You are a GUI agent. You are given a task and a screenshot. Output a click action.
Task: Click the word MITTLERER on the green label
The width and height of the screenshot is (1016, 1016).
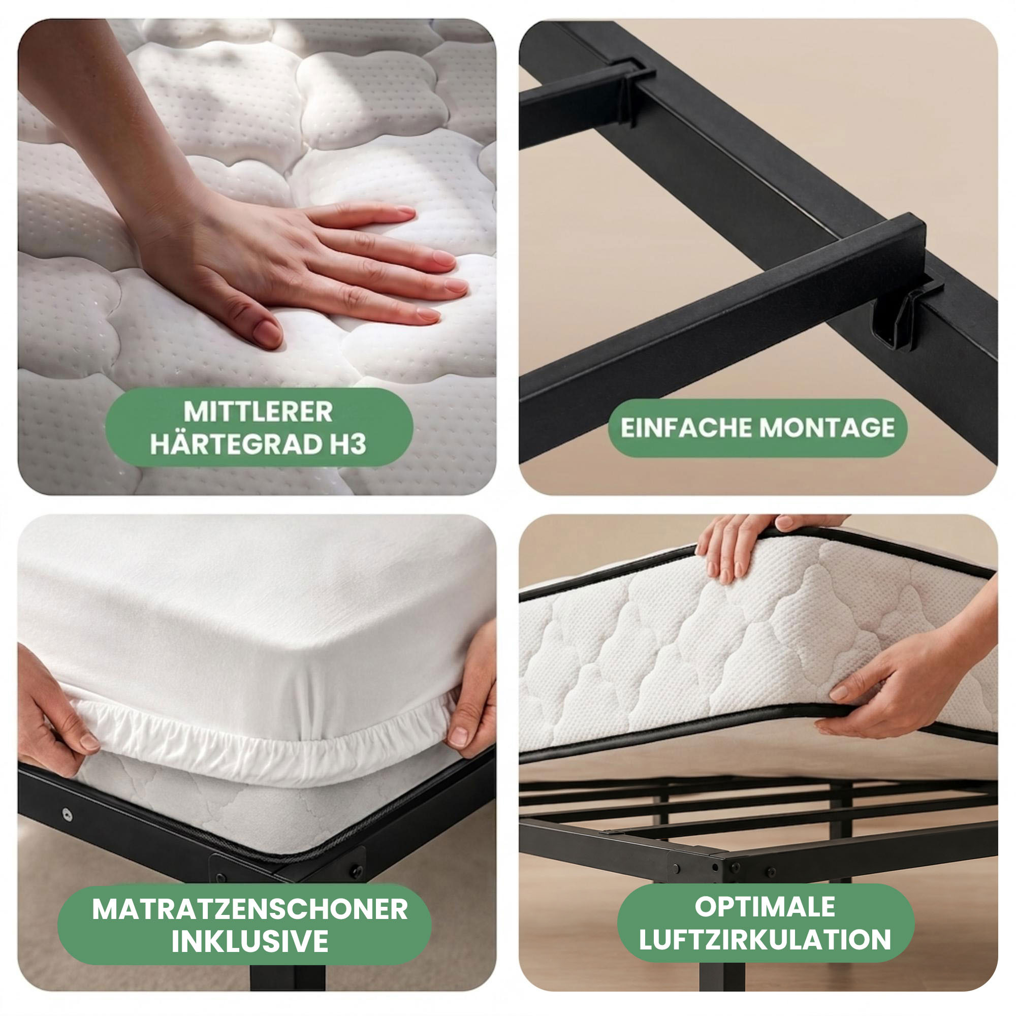pos(258,411)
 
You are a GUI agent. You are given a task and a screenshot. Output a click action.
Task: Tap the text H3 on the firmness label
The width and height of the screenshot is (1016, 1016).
pos(348,444)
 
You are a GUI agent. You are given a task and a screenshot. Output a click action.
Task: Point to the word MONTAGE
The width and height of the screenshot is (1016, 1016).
pos(827,428)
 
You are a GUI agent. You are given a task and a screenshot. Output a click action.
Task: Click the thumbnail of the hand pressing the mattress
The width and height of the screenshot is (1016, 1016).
pos(257,257)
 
